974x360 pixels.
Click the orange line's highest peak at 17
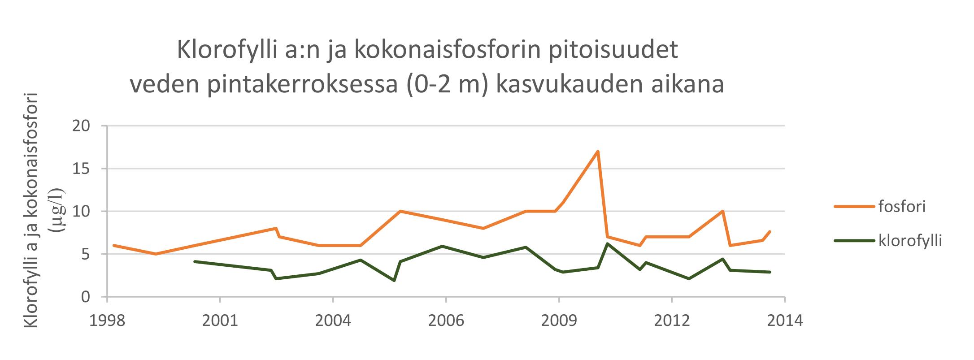[x=598, y=152]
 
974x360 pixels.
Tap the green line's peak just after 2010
[x=607, y=244]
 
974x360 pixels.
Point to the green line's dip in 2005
[x=394, y=281]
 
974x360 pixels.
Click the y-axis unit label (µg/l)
[x=58, y=211]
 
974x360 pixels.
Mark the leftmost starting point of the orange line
[x=114, y=246]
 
